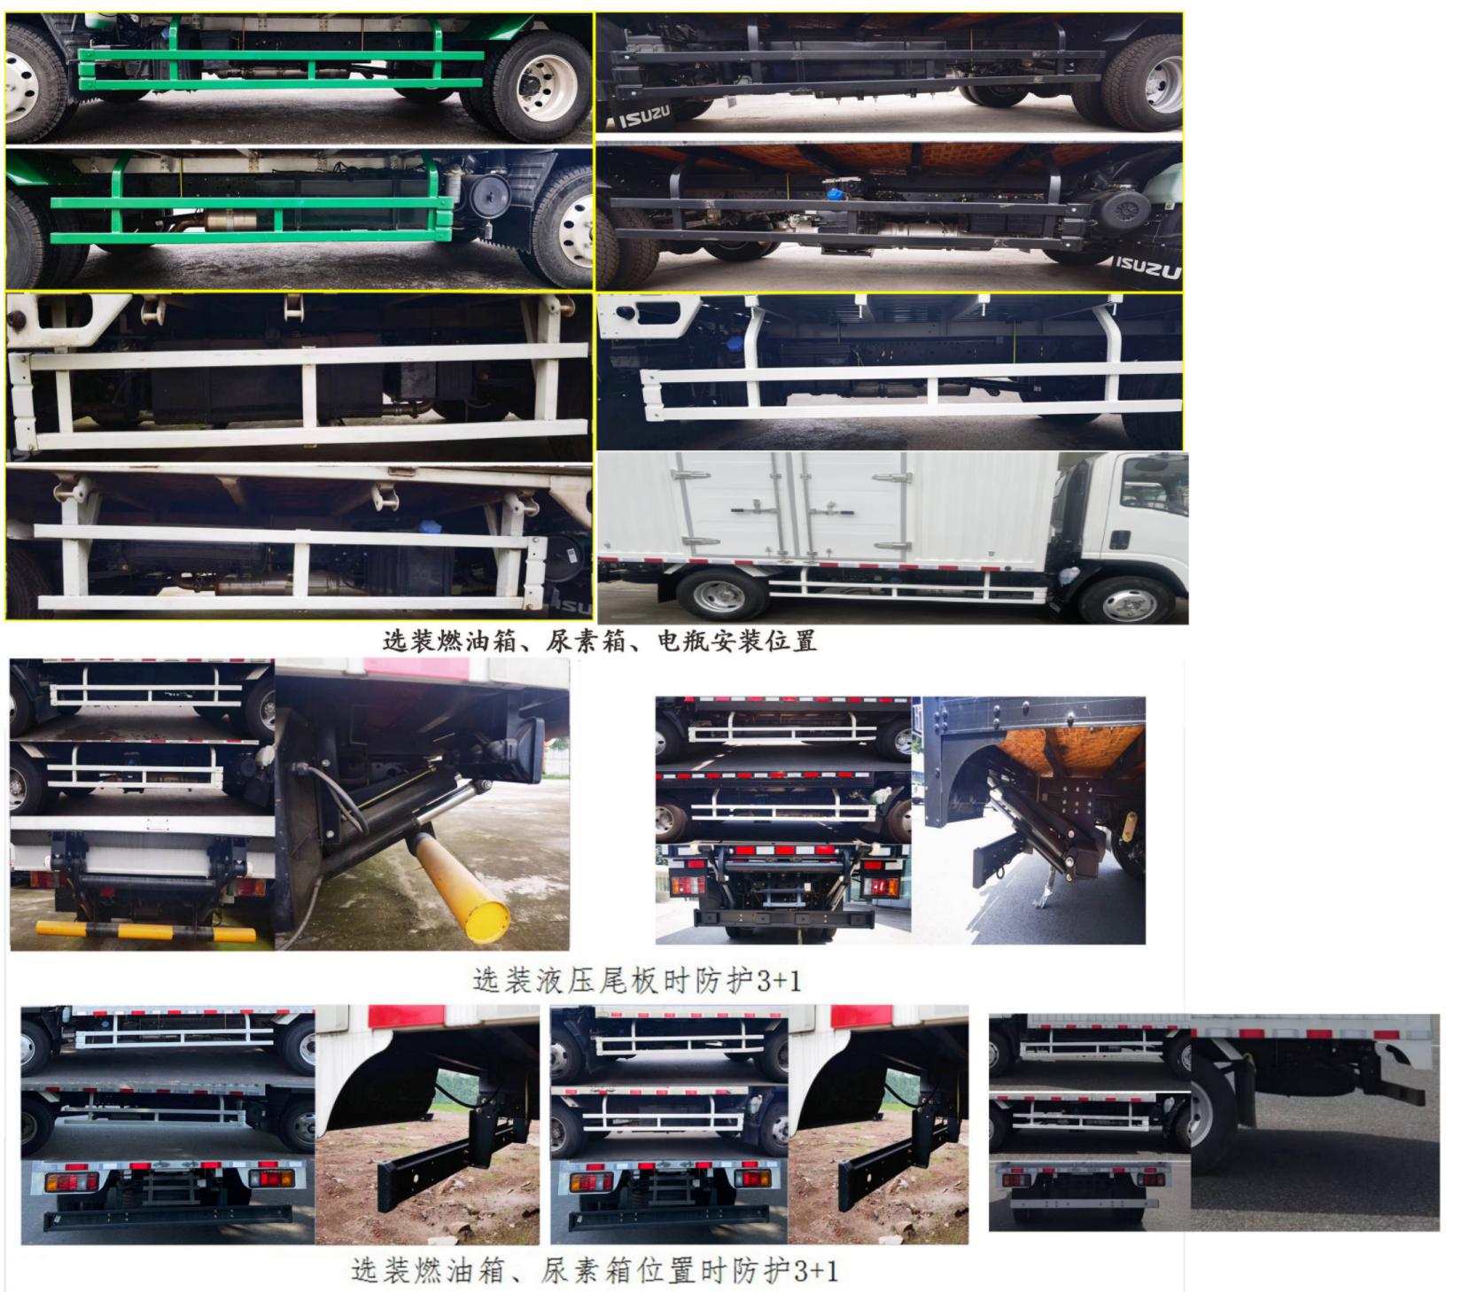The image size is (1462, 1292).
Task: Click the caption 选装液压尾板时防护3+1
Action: (x=637, y=981)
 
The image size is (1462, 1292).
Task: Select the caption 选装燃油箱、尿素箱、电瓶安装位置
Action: (x=600, y=641)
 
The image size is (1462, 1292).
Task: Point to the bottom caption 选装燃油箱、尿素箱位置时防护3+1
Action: (x=595, y=1271)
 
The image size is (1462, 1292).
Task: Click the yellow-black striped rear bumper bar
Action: (x=146, y=932)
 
